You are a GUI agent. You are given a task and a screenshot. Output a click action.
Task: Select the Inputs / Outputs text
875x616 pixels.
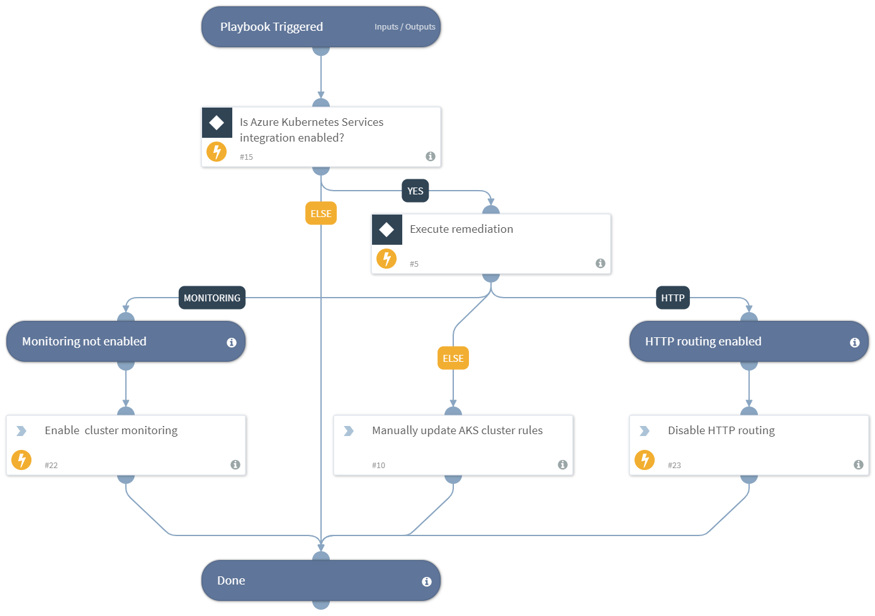405,27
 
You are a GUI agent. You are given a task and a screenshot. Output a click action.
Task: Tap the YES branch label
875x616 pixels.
415,191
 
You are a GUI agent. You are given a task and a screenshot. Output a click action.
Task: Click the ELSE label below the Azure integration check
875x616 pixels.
321,213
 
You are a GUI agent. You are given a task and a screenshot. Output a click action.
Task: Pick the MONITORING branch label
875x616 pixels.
212,298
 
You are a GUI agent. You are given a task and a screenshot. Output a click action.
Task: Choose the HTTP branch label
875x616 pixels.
673,298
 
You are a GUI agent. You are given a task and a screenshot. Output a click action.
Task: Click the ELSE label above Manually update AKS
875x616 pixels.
453,358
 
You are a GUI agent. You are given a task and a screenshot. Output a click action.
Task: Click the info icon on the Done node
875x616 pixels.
427,581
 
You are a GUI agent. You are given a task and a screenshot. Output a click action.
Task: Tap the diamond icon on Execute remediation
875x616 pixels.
387,230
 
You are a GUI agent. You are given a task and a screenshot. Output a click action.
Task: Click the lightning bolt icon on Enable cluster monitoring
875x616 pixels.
21,460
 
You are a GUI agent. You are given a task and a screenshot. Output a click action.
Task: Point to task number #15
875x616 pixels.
246,157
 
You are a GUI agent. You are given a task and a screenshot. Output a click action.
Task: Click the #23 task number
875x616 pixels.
674,466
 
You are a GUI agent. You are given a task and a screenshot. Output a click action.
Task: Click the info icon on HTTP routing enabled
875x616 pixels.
855,342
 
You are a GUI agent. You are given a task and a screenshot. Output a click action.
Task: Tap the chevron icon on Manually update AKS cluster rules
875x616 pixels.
349,431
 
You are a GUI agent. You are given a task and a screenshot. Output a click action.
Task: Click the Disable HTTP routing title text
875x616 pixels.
721,430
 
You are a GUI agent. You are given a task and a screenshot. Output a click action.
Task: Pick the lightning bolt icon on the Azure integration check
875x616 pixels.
217,152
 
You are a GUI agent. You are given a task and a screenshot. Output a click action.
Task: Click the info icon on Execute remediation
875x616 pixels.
601,263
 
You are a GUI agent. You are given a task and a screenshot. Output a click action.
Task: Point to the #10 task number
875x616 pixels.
378,466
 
